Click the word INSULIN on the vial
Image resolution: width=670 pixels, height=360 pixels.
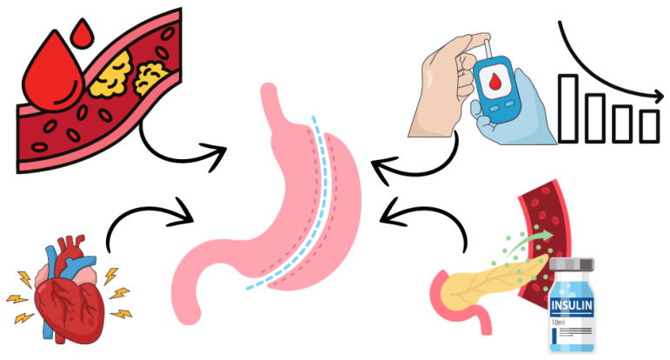pos(571,306)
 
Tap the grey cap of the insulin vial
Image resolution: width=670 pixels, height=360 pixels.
pos(571,264)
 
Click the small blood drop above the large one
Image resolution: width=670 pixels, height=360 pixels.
pos(82,35)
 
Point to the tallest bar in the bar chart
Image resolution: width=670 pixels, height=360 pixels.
pos(567,108)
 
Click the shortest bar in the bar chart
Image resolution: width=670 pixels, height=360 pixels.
pos(649,126)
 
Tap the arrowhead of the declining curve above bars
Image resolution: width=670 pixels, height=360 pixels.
pos(657,97)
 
